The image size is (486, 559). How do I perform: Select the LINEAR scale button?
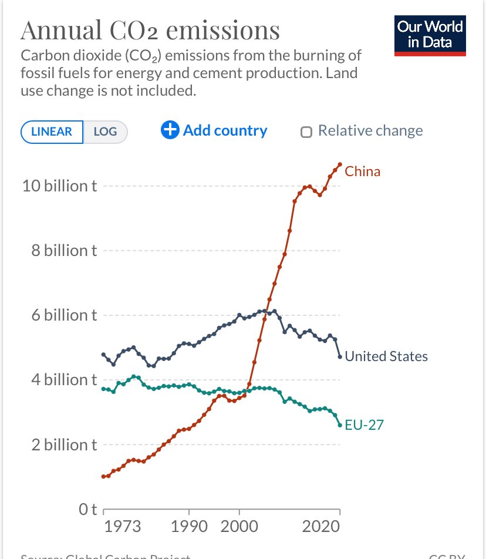(52, 132)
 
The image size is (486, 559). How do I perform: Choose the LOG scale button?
(105, 132)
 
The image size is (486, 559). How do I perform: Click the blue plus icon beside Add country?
(170, 130)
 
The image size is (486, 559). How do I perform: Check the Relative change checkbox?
(306, 132)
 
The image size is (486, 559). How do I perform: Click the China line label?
(362, 171)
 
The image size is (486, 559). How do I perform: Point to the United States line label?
(386, 356)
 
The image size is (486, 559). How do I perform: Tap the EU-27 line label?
(364, 425)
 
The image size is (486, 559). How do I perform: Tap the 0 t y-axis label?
(87, 509)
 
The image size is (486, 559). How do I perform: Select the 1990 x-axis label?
(188, 526)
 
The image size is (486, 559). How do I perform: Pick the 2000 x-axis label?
(239, 526)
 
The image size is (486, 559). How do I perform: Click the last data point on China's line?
(339, 164)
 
